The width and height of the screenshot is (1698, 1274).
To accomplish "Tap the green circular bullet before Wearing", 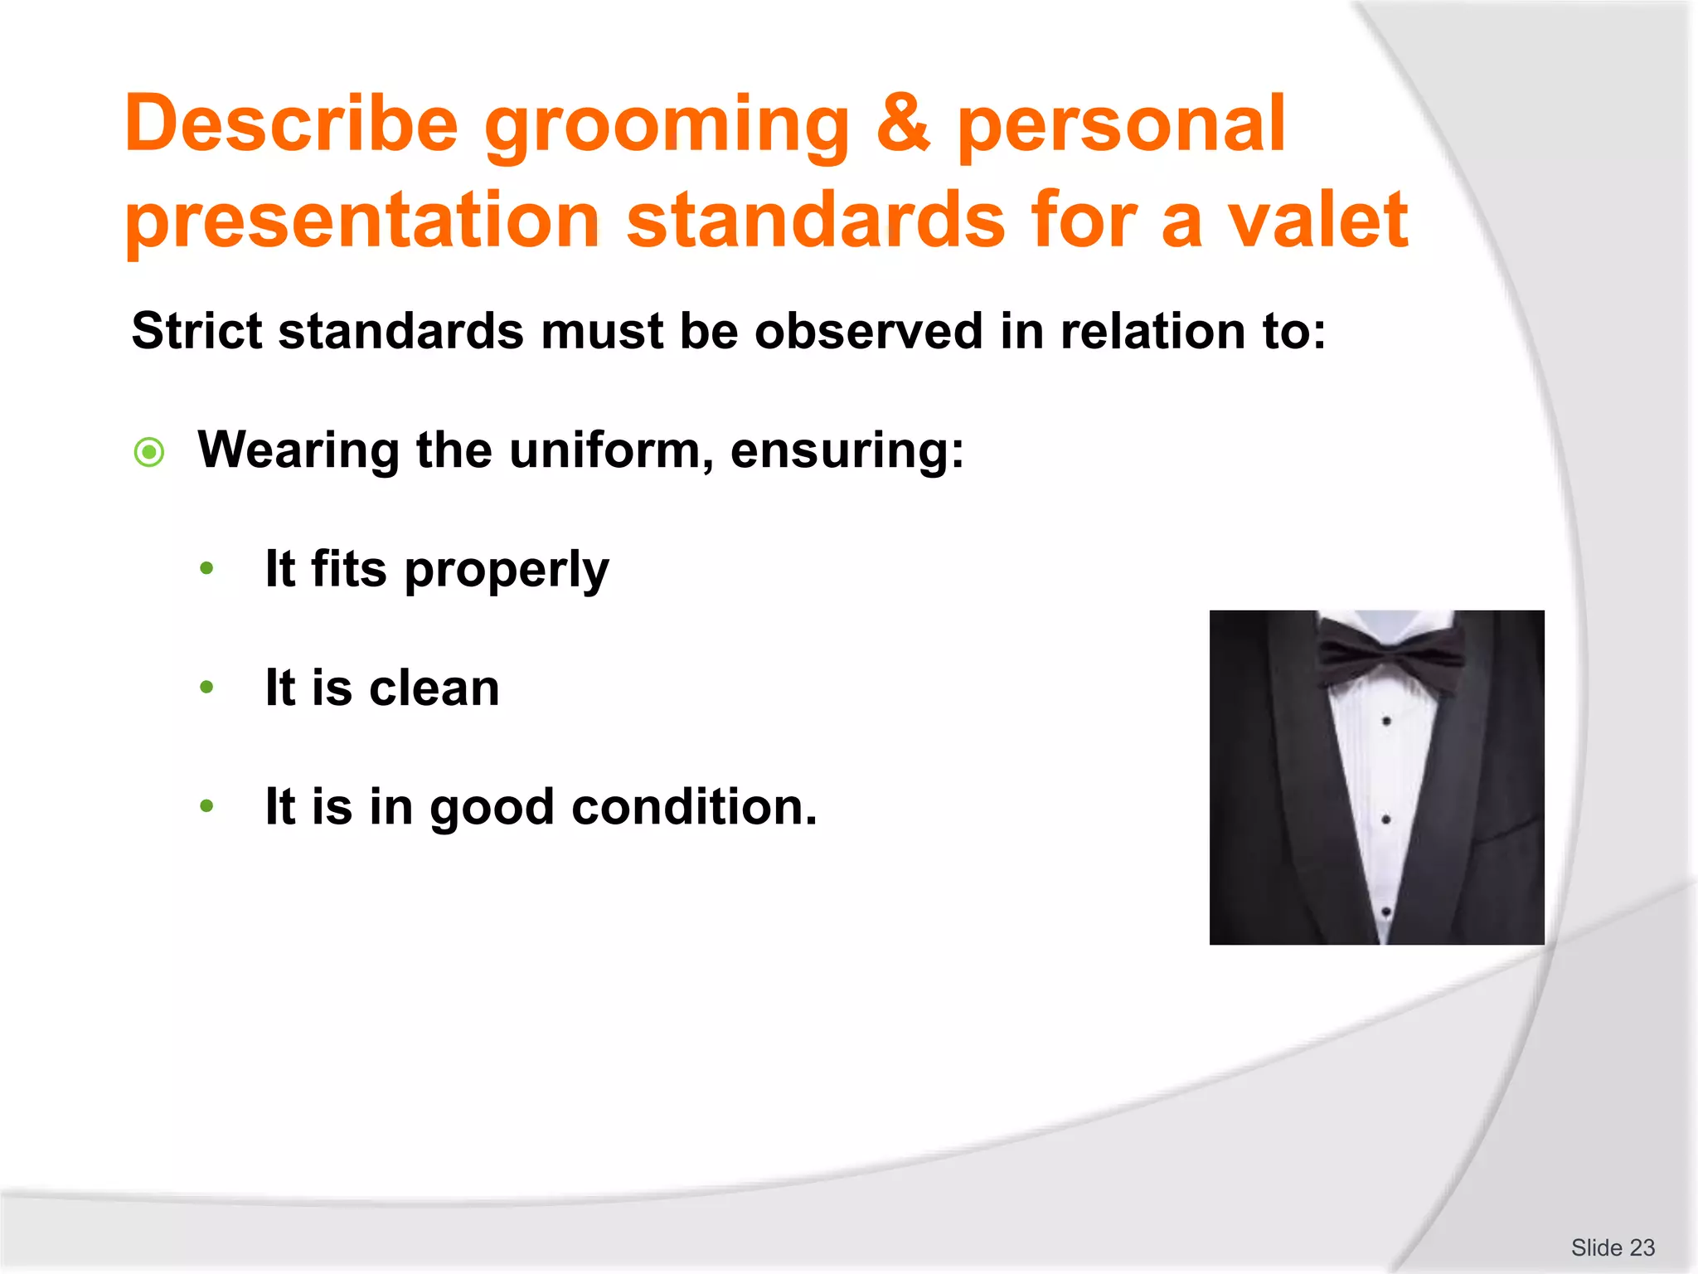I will [149, 452].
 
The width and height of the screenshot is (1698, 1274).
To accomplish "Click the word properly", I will [507, 571].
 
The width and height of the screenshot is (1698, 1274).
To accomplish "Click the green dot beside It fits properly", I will [207, 569].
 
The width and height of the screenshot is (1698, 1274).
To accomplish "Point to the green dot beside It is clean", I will [207, 688].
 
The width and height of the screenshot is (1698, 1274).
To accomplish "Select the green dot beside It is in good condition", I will [207, 806].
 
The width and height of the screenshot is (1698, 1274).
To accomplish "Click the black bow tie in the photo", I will [1390, 655].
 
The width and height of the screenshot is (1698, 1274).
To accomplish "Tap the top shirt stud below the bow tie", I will [1386, 721].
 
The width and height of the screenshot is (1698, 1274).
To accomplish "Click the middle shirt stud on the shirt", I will [1386, 819].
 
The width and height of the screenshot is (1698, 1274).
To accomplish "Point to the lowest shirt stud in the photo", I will [1385, 912].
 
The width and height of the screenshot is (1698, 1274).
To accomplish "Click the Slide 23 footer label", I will [1612, 1247].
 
